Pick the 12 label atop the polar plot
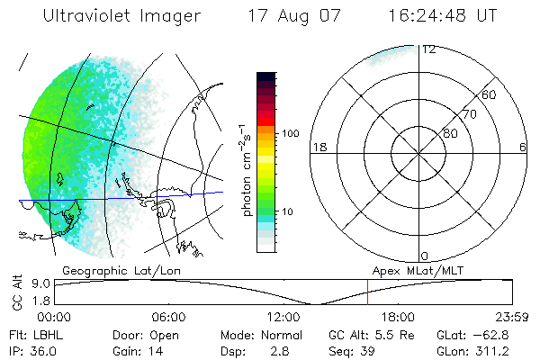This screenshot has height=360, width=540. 428,50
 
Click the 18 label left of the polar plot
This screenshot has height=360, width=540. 318,147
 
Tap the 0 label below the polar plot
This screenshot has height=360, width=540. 425,256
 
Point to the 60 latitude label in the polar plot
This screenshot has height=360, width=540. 490,94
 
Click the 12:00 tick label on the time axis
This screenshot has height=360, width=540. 283,317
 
